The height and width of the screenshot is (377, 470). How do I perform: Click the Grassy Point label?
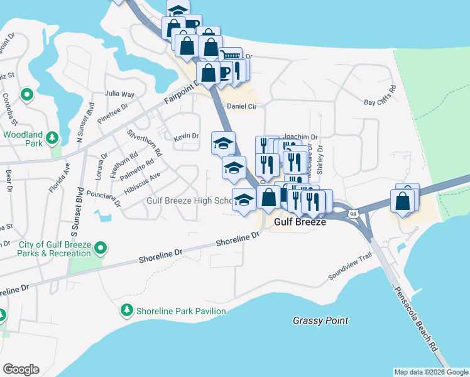(x=320, y=320)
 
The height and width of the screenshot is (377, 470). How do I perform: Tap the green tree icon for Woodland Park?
(x=53, y=137)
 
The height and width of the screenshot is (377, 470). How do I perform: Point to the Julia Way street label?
(x=119, y=94)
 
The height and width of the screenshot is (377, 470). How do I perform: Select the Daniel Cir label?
(x=243, y=107)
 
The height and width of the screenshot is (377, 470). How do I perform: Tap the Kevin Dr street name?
(x=186, y=136)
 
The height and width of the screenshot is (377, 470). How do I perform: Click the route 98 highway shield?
(x=354, y=215)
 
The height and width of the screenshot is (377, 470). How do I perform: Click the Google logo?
(x=21, y=369)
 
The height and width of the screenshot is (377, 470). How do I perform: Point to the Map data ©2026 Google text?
(x=430, y=372)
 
